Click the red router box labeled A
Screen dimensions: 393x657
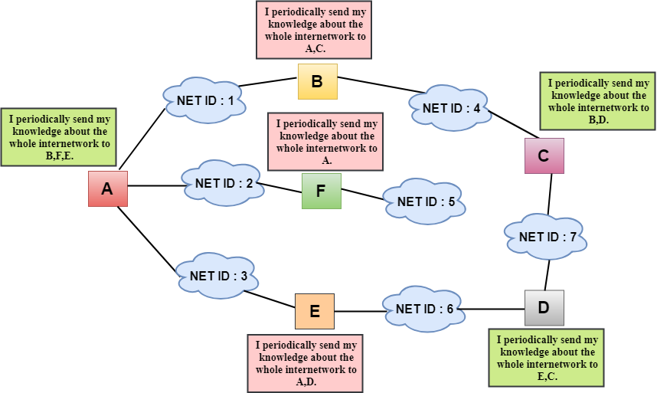click(x=107, y=188)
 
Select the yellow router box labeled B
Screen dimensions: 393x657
click(x=317, y=80)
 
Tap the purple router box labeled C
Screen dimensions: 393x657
click(x=544, y=156)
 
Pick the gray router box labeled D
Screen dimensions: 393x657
click(x=544, y=308)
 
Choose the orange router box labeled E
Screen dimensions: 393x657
click(x=315, y=311)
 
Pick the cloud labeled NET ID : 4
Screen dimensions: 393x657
click(x=451, y=108)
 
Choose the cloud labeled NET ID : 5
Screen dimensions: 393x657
click(x=426, y=202)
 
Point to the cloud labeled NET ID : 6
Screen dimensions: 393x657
click(x=423, y=309)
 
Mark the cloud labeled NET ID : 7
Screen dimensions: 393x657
click(x=547, y=237)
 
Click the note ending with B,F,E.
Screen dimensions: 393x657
click(x=59, y=136)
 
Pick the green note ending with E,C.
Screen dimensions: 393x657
click(x=547, y=357)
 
